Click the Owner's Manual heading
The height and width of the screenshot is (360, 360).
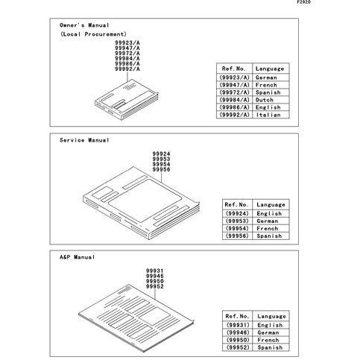[x=84, y=25]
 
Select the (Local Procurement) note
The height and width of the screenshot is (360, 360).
[x=93, y=34]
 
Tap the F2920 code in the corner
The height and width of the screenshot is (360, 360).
[x=303, y=2]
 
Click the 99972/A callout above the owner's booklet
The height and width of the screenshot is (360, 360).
[x=127, y=53]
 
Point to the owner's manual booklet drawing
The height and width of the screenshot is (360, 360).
[x=127, y=100]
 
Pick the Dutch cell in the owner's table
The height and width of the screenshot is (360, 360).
[x=265, y=100]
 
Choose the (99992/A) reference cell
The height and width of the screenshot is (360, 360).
[x=235, y=115]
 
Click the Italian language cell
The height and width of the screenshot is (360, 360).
[x=268, y=115]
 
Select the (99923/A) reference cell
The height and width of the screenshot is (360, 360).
[x=235, y=78]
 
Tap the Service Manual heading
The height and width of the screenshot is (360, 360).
[x=84, y=140]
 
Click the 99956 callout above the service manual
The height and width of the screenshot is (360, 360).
[x=161, y=170]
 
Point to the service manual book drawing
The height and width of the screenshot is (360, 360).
[x=141, y=203]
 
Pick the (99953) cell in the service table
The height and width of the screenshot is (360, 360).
[x=237, y=221]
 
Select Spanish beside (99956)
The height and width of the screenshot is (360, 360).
[x=269, y=236]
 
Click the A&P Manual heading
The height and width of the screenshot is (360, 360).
[x=77, y=257]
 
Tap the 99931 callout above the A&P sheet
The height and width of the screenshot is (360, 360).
[x=155, y=271]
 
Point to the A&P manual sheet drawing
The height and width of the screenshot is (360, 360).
[x=136, y=318]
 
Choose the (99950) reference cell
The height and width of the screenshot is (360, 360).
[x=238, y=340]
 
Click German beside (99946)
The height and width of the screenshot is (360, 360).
[x=268, y=332]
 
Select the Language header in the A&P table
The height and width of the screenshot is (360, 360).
[x=271, y=316]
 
